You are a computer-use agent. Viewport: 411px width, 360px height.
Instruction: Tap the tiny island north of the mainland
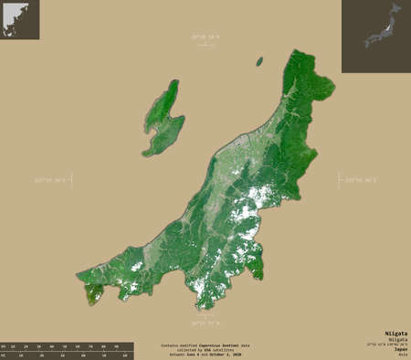coord(259,62)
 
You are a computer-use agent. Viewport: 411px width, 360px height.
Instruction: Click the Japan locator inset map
coord(375,37)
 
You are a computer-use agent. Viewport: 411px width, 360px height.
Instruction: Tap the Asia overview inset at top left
coord(19,19)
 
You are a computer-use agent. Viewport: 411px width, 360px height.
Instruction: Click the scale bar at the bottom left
coord(67,351)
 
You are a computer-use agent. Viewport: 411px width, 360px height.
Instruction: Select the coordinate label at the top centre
coord(206,36)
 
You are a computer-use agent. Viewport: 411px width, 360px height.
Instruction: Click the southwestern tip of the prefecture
coord(91,295)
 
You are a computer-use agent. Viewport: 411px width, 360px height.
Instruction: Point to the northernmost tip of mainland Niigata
coord(294,53)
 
